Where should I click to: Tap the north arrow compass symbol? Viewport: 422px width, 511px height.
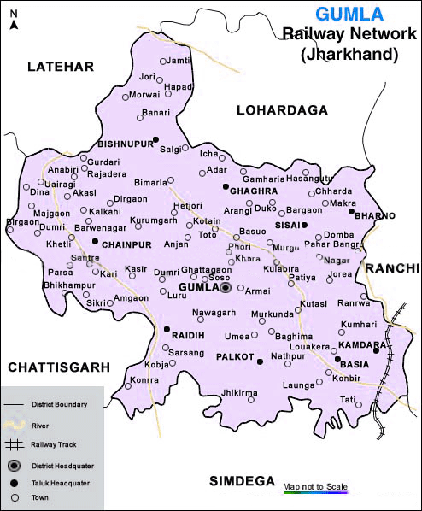click(13, 17)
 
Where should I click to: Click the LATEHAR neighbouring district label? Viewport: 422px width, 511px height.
click(58, 67)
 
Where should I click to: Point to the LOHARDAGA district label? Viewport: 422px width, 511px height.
click(283, 110)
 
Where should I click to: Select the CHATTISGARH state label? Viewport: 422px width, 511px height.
click(59, 367)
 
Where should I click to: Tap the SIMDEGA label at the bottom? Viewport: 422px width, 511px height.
click(242, 482)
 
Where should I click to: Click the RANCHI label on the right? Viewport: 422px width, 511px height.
click(393, 268)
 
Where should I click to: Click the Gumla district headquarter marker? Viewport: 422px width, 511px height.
click(226, 289)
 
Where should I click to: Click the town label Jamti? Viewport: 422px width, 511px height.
click(179, 61)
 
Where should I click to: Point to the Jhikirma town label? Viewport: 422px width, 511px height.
click(239, 392)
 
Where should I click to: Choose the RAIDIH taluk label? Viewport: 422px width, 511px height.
click(187, 336)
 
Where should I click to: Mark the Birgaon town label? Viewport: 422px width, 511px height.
click(22, 221)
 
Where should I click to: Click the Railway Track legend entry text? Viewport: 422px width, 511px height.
click(53, 444)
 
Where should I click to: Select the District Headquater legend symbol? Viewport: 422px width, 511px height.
click(13, 466)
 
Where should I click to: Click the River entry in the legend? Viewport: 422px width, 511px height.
click(40, 424)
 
